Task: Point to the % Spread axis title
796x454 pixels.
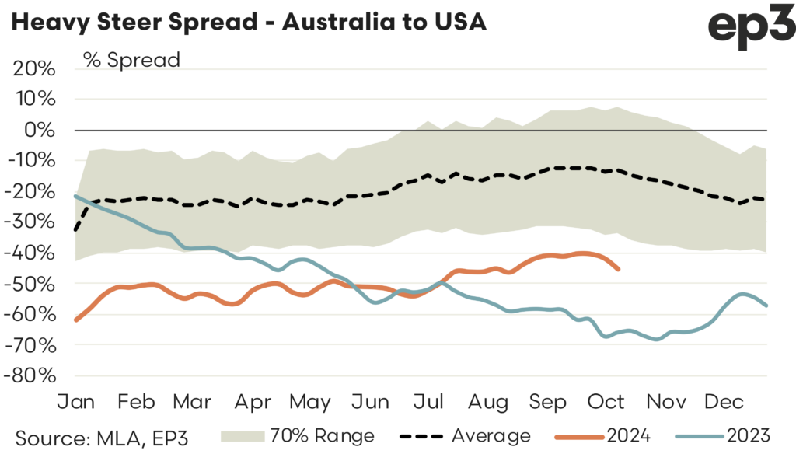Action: (131, 59)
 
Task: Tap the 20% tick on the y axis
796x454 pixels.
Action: (35, 68)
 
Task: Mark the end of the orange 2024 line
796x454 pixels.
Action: (618, 269)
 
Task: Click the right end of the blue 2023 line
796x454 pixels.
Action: (766, 306)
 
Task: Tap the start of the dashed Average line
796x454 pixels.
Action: (75, 230)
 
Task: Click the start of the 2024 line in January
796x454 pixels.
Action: (75, 320)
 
